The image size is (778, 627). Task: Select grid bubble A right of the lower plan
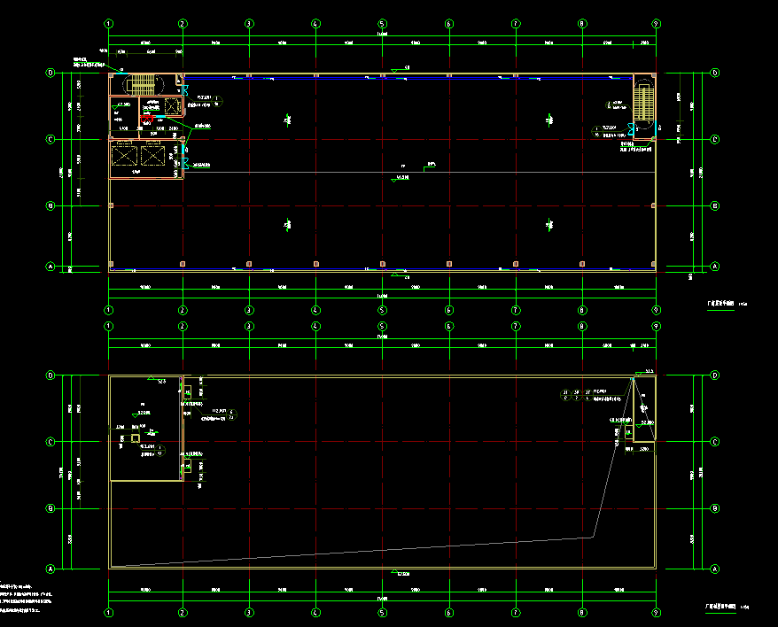pos(714,569)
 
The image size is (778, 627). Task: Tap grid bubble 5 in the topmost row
pos(382,23)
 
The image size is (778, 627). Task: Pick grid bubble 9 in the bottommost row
pos(655,612)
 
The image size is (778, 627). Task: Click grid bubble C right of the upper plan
pos(714,139)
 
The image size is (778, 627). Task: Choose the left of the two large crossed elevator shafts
pos(125,156)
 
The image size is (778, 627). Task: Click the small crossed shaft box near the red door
pos(171,106)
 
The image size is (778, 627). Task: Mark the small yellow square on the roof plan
pos(136,437)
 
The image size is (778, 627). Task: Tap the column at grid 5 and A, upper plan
pos(382,264)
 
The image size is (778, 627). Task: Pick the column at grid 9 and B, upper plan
pos(654,205)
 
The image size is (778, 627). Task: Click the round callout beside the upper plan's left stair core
pos(217,99)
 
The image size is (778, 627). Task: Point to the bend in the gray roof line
pos(592,537)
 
